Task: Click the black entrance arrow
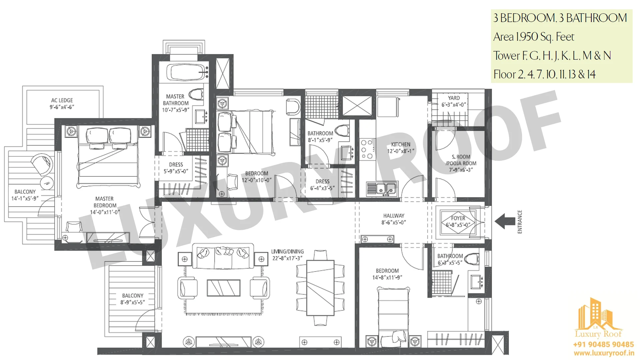coord(505,221)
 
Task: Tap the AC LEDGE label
coord(62,100)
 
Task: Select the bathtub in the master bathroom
coord(187,72)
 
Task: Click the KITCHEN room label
coord(401,144)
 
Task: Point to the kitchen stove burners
coord(367,149)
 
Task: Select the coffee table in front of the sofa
coord(223,288)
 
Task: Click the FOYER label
coord(458,218)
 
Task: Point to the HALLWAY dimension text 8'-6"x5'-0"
coord(394,222)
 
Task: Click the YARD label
coord(454,98)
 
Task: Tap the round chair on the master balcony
coord(42,164)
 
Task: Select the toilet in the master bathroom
coord(196,94)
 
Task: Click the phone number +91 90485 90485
coord(603,344)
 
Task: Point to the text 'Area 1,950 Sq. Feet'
coord(534,37)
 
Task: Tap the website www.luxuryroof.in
coord(604,353)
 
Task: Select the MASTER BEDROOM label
coord(105,202)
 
